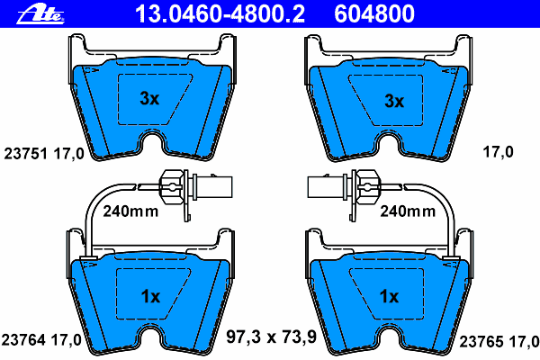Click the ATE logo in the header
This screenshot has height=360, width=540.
click(x=40, y=15)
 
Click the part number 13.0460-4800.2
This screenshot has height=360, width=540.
click(x=220, y=14)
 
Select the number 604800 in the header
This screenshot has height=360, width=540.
click(x=374, y=14)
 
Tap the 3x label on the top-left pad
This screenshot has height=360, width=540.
click(x=149, y=98)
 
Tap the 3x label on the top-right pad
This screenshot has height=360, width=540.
click(x=394, y=101)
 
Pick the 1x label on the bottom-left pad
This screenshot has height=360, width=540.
click(x=150, y=296)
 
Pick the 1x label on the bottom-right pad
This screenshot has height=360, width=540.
click(x=389, y=296)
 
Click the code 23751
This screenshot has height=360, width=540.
click(x=25, y=154)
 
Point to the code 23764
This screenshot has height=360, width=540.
click(x=23, y=340)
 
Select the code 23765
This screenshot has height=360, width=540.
click(x=481, y=342)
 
